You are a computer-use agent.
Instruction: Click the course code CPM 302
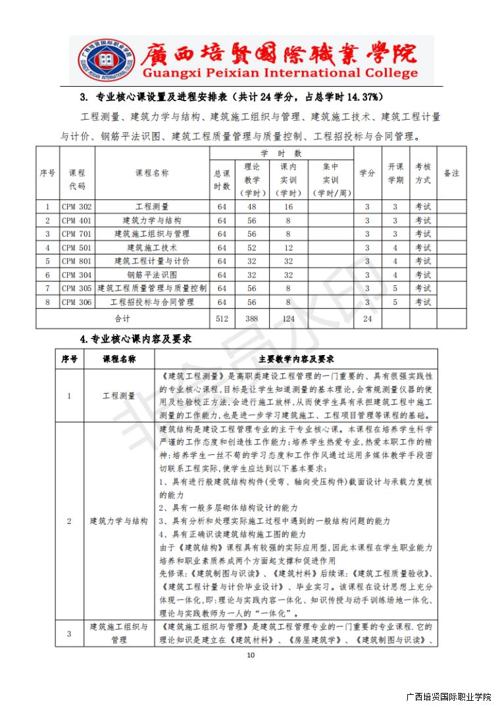[76, 206]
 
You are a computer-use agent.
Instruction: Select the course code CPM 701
[76, 234]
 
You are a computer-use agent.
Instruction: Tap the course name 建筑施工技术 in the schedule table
[152, 248]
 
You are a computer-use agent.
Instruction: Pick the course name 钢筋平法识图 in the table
[152, 275]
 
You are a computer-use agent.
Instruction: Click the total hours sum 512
[222, 319]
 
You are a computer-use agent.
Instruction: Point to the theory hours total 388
[251, 319]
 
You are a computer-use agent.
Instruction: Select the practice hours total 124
[288, 319]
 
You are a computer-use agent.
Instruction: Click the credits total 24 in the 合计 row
[367, 319]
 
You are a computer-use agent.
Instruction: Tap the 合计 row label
[122, 319]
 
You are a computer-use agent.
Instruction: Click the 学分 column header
[367, 173]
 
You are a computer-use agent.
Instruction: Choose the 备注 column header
[451, 173]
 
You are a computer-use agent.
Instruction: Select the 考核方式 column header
[422, 173]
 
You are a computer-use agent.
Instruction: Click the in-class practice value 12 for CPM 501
[288, 248]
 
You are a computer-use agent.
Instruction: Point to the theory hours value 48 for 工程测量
[251, 206]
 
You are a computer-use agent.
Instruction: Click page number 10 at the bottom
[251, 655]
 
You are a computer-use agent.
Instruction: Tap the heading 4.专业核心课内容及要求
[135, 339]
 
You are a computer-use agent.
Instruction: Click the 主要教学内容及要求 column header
[296, 360]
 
